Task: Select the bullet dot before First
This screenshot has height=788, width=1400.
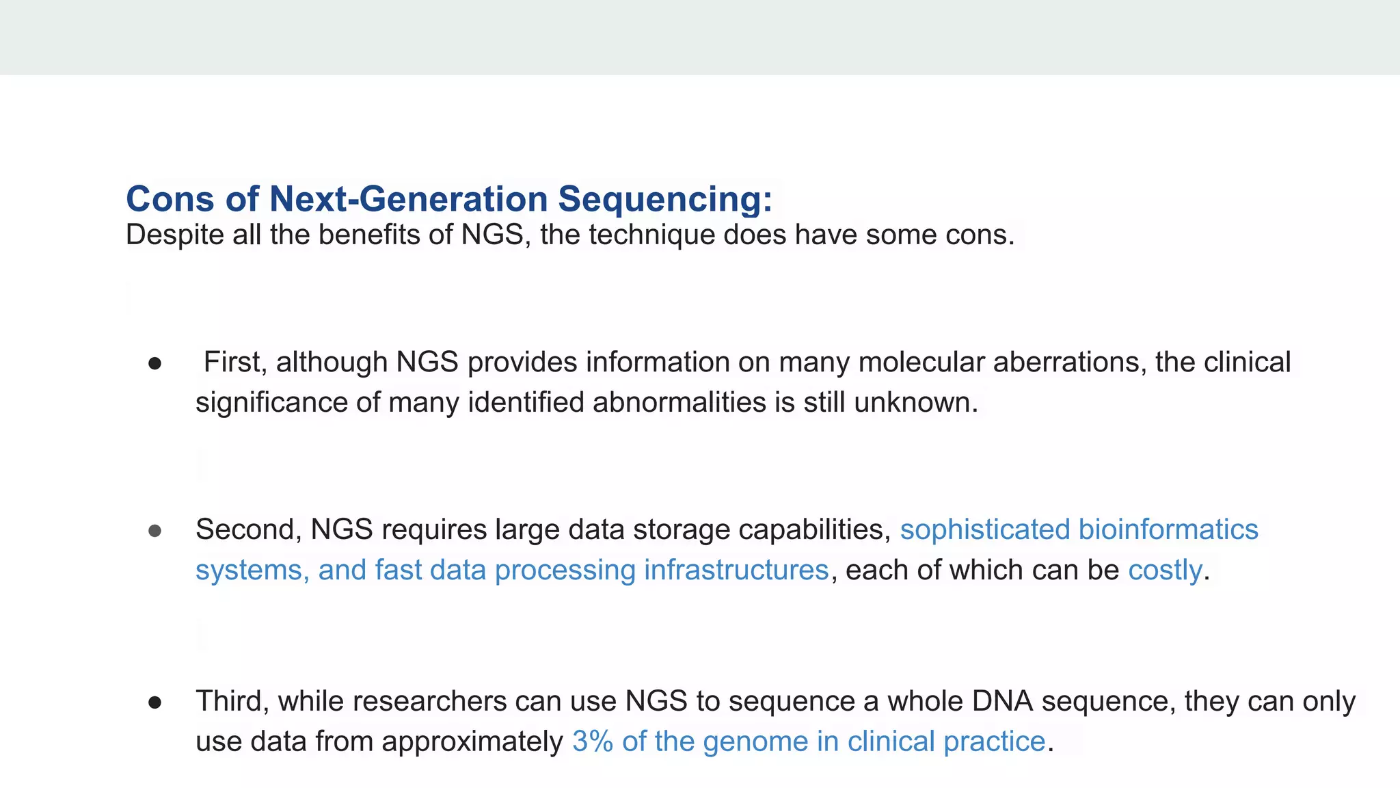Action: click(x=155, y=363)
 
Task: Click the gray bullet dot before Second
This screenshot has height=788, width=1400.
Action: click(x=155, y=531)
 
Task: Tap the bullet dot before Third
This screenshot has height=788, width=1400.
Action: click(x=155, y=702)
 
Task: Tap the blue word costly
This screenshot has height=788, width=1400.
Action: click(x=1164, y=570)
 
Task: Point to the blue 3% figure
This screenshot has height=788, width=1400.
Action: click(x=593, y=741)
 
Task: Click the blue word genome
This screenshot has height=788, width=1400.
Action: click(x=755, y=741)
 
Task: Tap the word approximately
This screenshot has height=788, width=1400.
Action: click(x=472, y=741)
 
